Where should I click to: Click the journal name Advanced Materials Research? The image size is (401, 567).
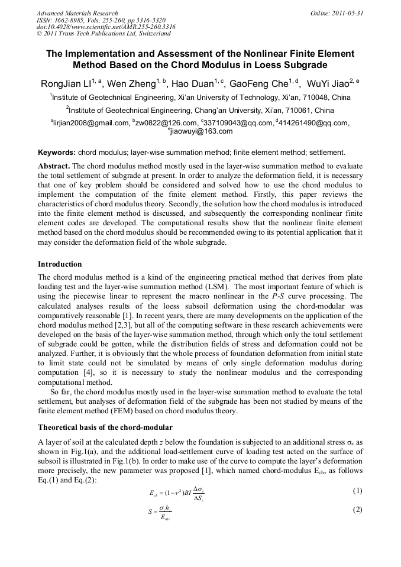tap(77, 13)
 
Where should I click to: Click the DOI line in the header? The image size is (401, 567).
tap(106, 27)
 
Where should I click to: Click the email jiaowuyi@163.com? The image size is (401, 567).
tap(200, 131)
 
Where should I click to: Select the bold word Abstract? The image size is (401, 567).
tap(54, 166)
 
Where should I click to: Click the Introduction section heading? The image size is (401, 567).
tap(60, 264)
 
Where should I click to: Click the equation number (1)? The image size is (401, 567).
tap(357, 490)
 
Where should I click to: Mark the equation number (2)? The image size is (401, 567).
tap(357, 510)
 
